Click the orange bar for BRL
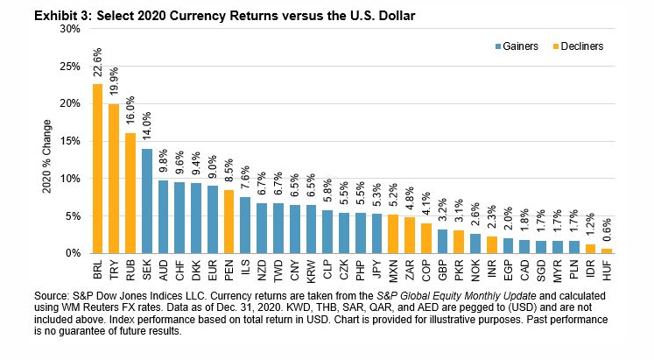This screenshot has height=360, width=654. point(96,168)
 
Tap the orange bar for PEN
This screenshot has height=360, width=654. point(229,221)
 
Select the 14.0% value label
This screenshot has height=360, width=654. point(147,127)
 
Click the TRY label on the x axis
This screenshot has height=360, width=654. point(114,269)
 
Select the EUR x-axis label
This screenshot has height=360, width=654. point(213,269)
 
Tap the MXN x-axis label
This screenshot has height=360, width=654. point(392,269)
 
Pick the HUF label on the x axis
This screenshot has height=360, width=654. point(607,269)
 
